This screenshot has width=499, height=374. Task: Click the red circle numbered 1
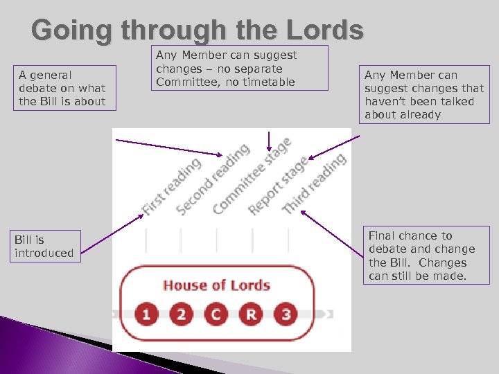[146, 314]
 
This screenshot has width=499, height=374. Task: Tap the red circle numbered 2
[182, 314]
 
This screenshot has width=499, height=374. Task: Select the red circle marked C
[216, 314]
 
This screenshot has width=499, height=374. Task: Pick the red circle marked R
[251, 314]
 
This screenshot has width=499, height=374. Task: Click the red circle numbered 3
[286, 314]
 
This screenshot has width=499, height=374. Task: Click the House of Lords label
[216, 285]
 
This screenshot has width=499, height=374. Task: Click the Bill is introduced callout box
[43, 247]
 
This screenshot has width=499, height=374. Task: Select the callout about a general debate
[63, 88]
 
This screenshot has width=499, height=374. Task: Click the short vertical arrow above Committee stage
[269, 141]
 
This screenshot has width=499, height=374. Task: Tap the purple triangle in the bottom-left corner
[28, 346]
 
